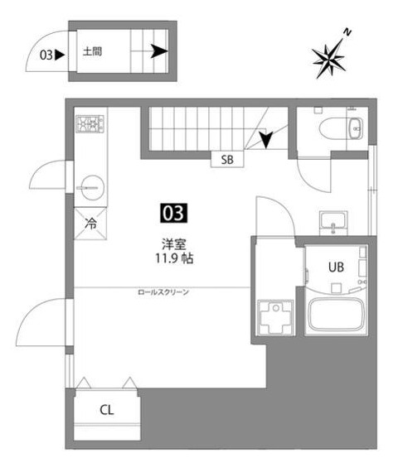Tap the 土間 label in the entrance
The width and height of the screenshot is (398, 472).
[x=92, y=52]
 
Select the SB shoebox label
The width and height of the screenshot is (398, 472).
[x=227, y=160]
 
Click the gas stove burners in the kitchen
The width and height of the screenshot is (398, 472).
[x=90, y=123]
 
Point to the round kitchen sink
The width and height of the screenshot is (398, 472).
[x=90, y=187]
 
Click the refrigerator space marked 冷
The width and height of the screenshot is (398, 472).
[x=90, y=224]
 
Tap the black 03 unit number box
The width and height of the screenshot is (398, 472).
[x=173, y=213]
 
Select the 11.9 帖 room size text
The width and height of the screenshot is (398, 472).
[x=174, y=258]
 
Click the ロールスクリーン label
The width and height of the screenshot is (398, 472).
[x=163, y=292]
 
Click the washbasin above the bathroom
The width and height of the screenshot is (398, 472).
[x=333, y=223]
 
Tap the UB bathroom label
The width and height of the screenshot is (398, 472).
[x=336, y=267]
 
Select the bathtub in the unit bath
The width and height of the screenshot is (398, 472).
[x=336, y=315]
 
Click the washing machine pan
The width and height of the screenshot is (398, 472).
[x=275, y=317]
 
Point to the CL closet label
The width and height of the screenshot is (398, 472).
[x=107, y=410]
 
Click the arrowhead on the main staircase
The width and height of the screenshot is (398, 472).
[x=265, y=140]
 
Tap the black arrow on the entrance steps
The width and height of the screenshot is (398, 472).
[x=159, y=51]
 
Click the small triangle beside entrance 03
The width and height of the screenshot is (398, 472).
[x=60, y=55]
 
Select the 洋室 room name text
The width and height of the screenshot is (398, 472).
[x=174, y=244]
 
